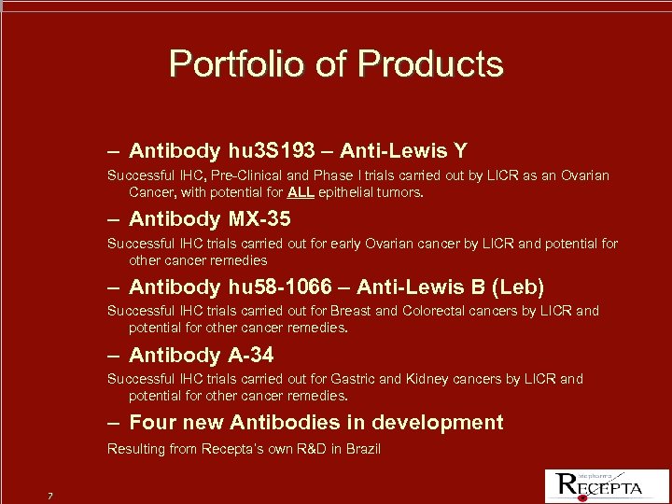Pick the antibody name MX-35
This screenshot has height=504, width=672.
(x=259, y=218)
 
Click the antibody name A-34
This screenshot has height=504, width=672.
(x=250, y=355)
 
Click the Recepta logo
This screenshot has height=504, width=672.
(x=600, y=483)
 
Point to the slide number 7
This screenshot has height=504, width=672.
(x=49, y=494)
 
